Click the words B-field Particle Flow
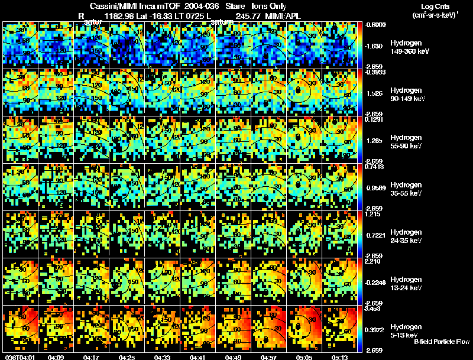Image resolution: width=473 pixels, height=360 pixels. coord(442,342)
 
